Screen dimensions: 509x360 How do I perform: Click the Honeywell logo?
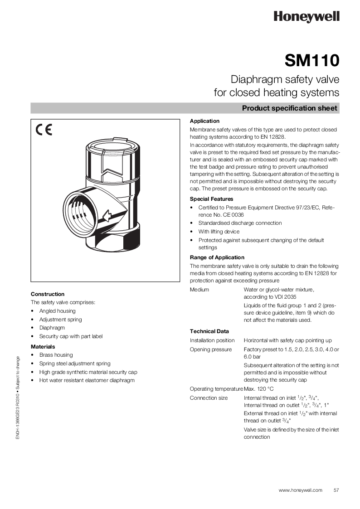tap(306, 17)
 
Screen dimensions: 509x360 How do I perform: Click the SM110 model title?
tap(312, 61)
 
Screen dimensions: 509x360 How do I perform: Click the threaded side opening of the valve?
tap(82, 212)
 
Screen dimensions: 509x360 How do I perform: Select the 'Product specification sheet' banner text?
tap(289, 108)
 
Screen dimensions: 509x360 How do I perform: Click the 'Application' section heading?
tap(204, 121)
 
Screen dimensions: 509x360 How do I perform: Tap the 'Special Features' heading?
tap(211, 199)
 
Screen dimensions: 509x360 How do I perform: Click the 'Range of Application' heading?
tap(217, 257)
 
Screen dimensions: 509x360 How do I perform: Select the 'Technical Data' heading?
tap(209, 331)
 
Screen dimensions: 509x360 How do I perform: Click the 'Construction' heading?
tap(48, 294)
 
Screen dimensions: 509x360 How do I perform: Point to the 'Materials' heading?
tap(43, 347)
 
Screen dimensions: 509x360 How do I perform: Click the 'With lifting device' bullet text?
tap(219, 232)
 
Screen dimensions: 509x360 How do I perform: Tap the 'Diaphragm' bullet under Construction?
tap(52, 328)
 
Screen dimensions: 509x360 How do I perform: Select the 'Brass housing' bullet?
tap(56, 355)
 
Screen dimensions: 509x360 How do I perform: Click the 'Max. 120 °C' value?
tap(259, 389)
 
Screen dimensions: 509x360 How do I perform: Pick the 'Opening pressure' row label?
tap(211, 349)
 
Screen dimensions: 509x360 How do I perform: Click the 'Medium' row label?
tap(199, 290)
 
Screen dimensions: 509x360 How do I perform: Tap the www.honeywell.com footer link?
tap(300, 490)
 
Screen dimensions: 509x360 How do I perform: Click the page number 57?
tap(336, 490)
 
